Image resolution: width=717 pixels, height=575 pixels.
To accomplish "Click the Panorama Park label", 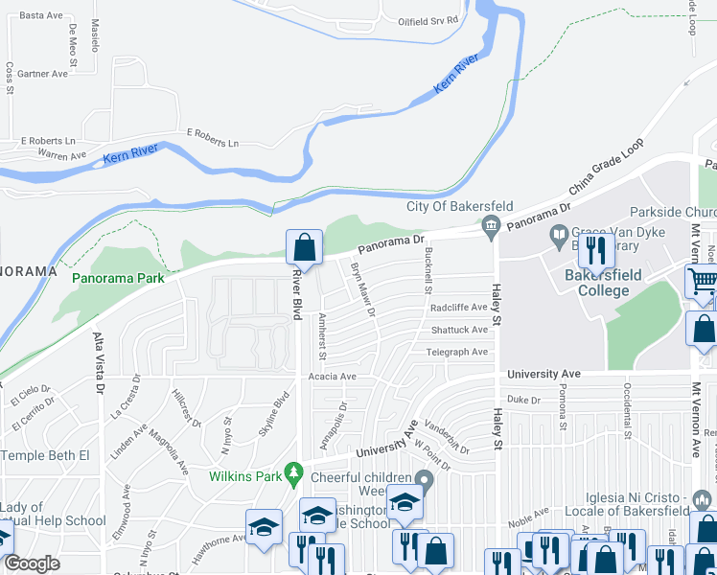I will pos(118,278).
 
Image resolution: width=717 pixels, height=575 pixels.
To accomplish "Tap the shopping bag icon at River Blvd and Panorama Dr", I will pos(304,247).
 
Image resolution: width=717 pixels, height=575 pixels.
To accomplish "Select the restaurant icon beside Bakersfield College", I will pos(599,251).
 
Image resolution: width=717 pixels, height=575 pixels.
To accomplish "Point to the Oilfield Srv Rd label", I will pos(421,19).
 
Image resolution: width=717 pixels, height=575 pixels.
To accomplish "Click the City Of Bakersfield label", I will pos(460,207).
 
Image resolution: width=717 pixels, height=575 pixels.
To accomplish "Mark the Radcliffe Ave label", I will pos(459,308).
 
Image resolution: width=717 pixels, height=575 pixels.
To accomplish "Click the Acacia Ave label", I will pos(332,378).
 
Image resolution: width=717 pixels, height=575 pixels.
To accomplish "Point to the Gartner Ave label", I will pos(43,74).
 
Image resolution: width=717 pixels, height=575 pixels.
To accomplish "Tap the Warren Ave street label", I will pos(61,154).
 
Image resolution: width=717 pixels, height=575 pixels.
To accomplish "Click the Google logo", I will pos(32,563).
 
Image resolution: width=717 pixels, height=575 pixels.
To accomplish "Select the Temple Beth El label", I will pos(45,455).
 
